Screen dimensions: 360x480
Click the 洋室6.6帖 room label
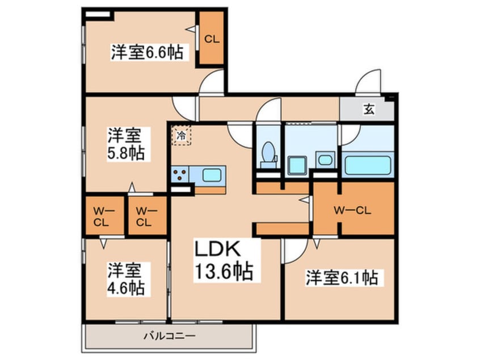point(146,53)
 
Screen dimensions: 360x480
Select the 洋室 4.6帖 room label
point(126,279)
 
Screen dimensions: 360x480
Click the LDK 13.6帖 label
point(223,260)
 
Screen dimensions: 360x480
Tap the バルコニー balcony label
point(169,336)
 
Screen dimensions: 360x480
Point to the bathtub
point(368,165)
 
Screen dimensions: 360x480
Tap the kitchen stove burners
point(181,175)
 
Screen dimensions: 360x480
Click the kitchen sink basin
point(212,174)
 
